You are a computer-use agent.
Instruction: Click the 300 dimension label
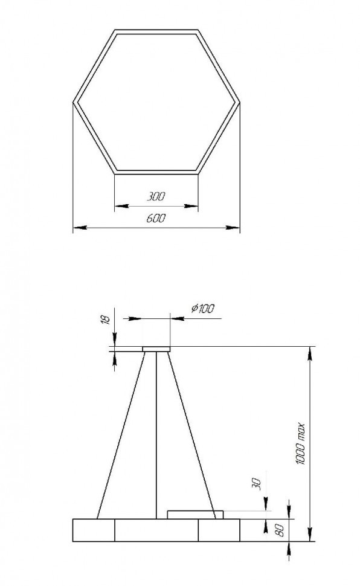(156, 196)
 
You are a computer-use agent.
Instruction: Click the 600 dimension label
(156, 219)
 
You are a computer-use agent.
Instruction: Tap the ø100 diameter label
(202, 309)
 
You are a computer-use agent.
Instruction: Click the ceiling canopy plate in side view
(156, 348)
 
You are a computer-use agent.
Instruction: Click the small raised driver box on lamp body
(191, 514)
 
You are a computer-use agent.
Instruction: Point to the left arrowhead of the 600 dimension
(77, 228)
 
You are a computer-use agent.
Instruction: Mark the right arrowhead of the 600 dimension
(236, 228)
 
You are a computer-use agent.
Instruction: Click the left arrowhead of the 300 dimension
(118, 205)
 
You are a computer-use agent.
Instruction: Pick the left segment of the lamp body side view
(94, 530)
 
